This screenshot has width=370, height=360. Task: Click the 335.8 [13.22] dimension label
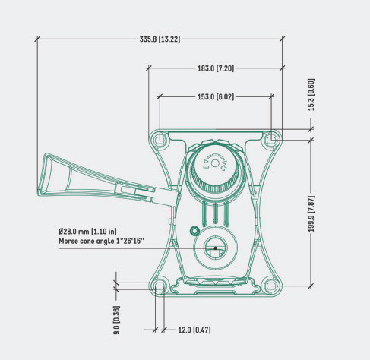[x=160, y=39]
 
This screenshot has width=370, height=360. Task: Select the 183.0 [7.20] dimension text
[x=216, y=68]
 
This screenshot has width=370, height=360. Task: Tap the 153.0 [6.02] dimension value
[x=216, y=97]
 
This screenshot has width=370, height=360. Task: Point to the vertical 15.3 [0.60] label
[x=311, y=94]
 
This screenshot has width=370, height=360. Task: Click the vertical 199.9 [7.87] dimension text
[x=311, y=214]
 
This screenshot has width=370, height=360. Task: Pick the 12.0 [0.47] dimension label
[x=194, y=330]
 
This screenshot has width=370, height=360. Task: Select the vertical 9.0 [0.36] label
[x=116, y=320]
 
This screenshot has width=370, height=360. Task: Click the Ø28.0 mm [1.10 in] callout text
[x=87, y=232]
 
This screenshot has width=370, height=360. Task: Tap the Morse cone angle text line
[x=101, y=241]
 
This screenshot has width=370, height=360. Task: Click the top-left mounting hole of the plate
[x=160, y=139]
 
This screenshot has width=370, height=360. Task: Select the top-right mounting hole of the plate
[x=271, y=139]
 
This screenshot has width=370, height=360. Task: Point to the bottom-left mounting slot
[x=160, y=286]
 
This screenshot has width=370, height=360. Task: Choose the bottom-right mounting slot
[x=271, y=286]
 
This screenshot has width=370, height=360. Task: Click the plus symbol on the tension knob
[x=223, y=168]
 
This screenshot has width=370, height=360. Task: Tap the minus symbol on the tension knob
[x=206, y=167]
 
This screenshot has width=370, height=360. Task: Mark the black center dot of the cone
[x=215, y=248]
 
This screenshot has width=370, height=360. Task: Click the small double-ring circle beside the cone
[x=194, y=231]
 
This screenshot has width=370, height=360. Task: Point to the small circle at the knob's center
[x=215, y=163]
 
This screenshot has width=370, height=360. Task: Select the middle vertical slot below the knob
[x=215, y=213]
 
